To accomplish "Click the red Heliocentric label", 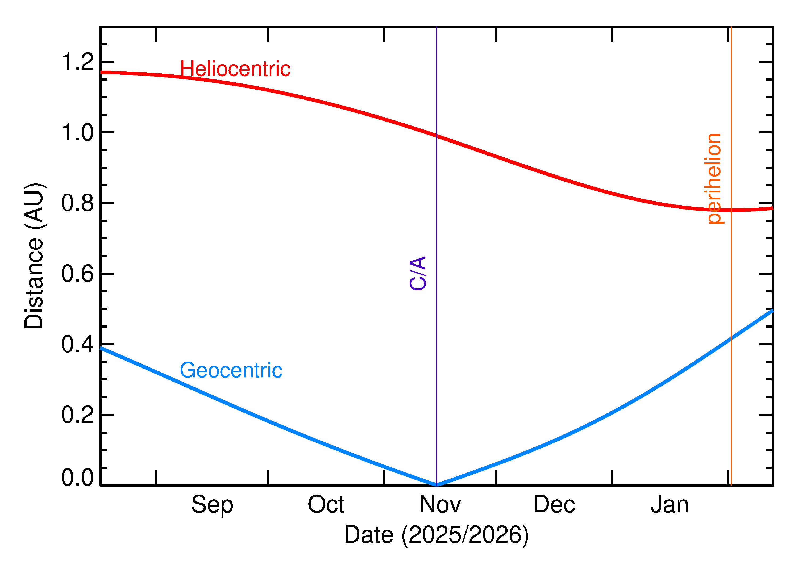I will [x=235, y=69].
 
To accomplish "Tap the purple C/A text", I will [x=418, y=273].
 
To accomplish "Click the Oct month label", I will [x=326, y=504].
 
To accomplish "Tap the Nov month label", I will [x=440, y=504].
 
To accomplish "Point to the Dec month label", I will [x=554, y=504].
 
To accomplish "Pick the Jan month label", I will [x=669, y=504].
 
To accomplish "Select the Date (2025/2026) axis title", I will [x=436, y=534].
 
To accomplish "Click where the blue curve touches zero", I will [x=437, y=485].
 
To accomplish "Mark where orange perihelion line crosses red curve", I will [x=731, y=210].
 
